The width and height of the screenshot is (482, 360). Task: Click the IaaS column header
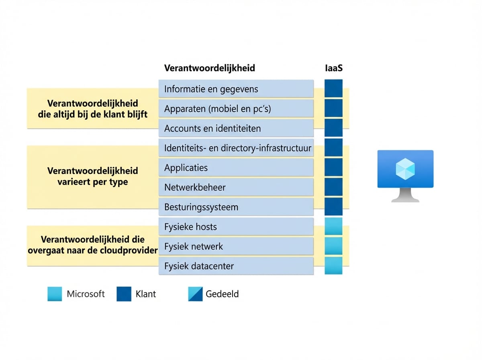pos(333,68)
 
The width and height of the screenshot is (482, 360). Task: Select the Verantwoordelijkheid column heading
pos(209,68)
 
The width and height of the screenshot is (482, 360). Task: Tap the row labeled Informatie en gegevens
pos(236,89)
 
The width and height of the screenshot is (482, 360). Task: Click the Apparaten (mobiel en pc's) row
pos(236,108)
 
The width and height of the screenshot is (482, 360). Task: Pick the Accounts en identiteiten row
pos(236,129)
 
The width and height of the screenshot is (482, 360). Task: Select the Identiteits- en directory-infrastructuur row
pos(236,148)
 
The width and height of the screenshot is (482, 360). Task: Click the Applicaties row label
pos(236,168)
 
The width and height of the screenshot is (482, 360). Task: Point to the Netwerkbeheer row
pos(236,187)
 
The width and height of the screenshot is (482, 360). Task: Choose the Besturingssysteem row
pos(236,207)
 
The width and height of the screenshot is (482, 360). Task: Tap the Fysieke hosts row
pos(236,227)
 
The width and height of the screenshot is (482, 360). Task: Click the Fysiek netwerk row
pos(236,246)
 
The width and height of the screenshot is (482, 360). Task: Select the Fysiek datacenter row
pos(236,266)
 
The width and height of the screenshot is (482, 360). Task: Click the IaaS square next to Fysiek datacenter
pos(333,266)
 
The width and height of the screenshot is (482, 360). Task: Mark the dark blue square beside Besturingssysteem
pos(333,207)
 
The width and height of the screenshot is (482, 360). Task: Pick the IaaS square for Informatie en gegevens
pos(333,88)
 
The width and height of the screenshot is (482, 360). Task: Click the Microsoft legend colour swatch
pos(55,294)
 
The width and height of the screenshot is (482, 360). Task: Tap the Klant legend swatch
pos(124,294)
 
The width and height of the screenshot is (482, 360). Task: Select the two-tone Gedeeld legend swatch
pos(195,294)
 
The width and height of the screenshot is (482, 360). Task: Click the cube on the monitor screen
pos(405,168)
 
